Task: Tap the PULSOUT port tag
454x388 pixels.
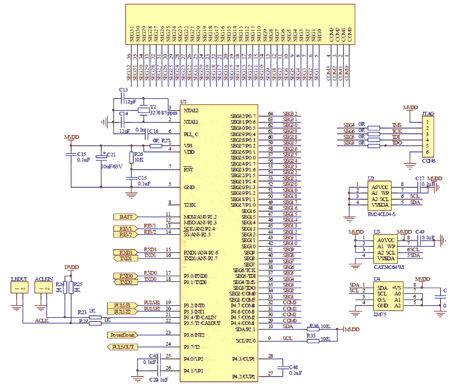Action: click(x=123, y=347)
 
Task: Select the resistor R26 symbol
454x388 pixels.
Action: click(x=131, y=157)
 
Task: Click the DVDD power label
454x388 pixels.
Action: click(x=72, y=267)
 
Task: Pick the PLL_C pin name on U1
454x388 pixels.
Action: click(x=191, y=134)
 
